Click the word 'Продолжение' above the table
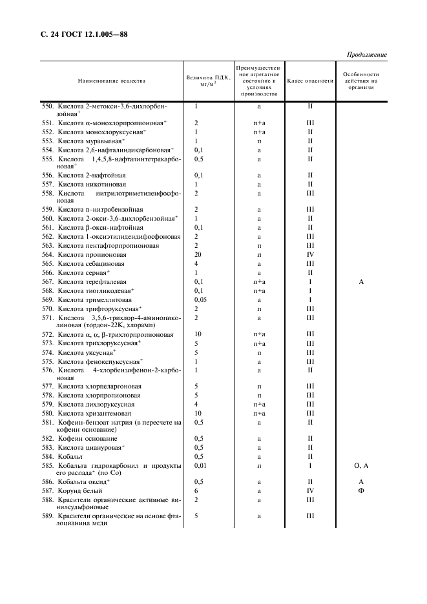coord(367,55)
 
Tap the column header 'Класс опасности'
coord(310,81)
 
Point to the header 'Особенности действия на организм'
coord(361,81)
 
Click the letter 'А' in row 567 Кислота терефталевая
coord(361,282)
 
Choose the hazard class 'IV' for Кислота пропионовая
coord(310,255)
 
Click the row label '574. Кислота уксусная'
coord(83,352)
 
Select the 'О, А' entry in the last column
coord(361,465)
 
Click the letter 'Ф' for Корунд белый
coord(361,491)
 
